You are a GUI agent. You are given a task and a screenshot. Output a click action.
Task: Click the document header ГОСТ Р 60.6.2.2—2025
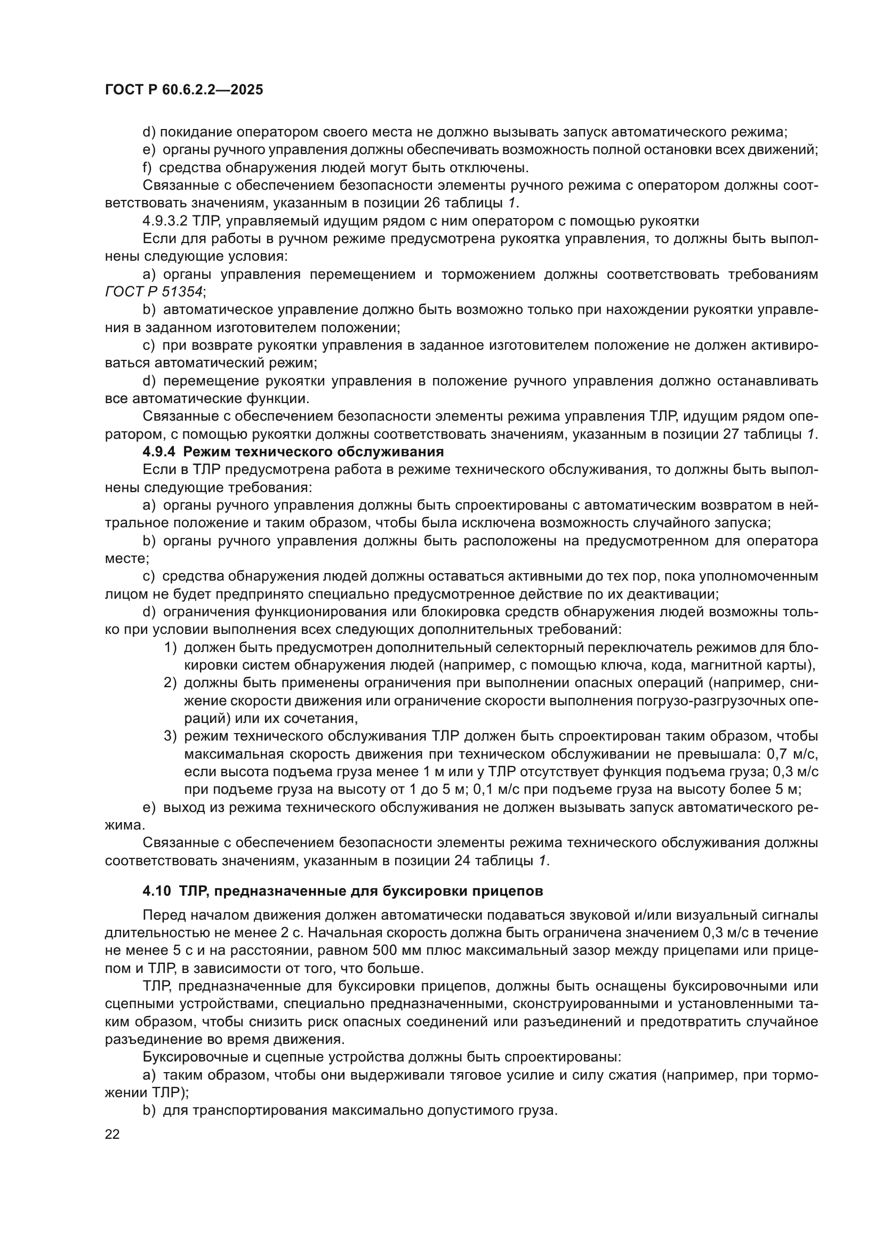coord(183,90)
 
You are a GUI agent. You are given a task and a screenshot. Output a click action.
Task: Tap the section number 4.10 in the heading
coord(156,891)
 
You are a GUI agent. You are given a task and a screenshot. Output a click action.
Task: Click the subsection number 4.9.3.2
coord(165,221)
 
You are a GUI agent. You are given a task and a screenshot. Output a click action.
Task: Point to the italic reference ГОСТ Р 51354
coord(154,292)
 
